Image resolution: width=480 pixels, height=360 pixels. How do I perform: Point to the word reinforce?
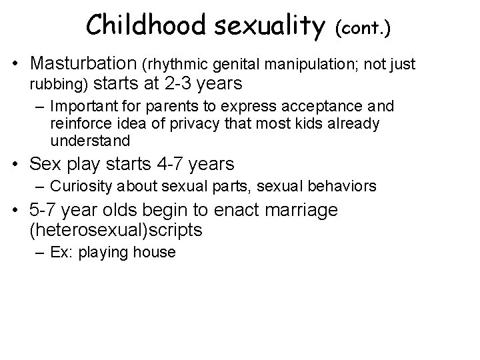point(77,123)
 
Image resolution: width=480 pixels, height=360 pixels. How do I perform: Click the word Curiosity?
point(79,185)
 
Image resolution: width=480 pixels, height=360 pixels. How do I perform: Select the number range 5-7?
point(43,210)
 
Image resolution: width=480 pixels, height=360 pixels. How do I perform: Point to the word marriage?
point(299,210)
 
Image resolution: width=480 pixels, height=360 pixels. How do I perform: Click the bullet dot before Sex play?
point(21,163)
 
